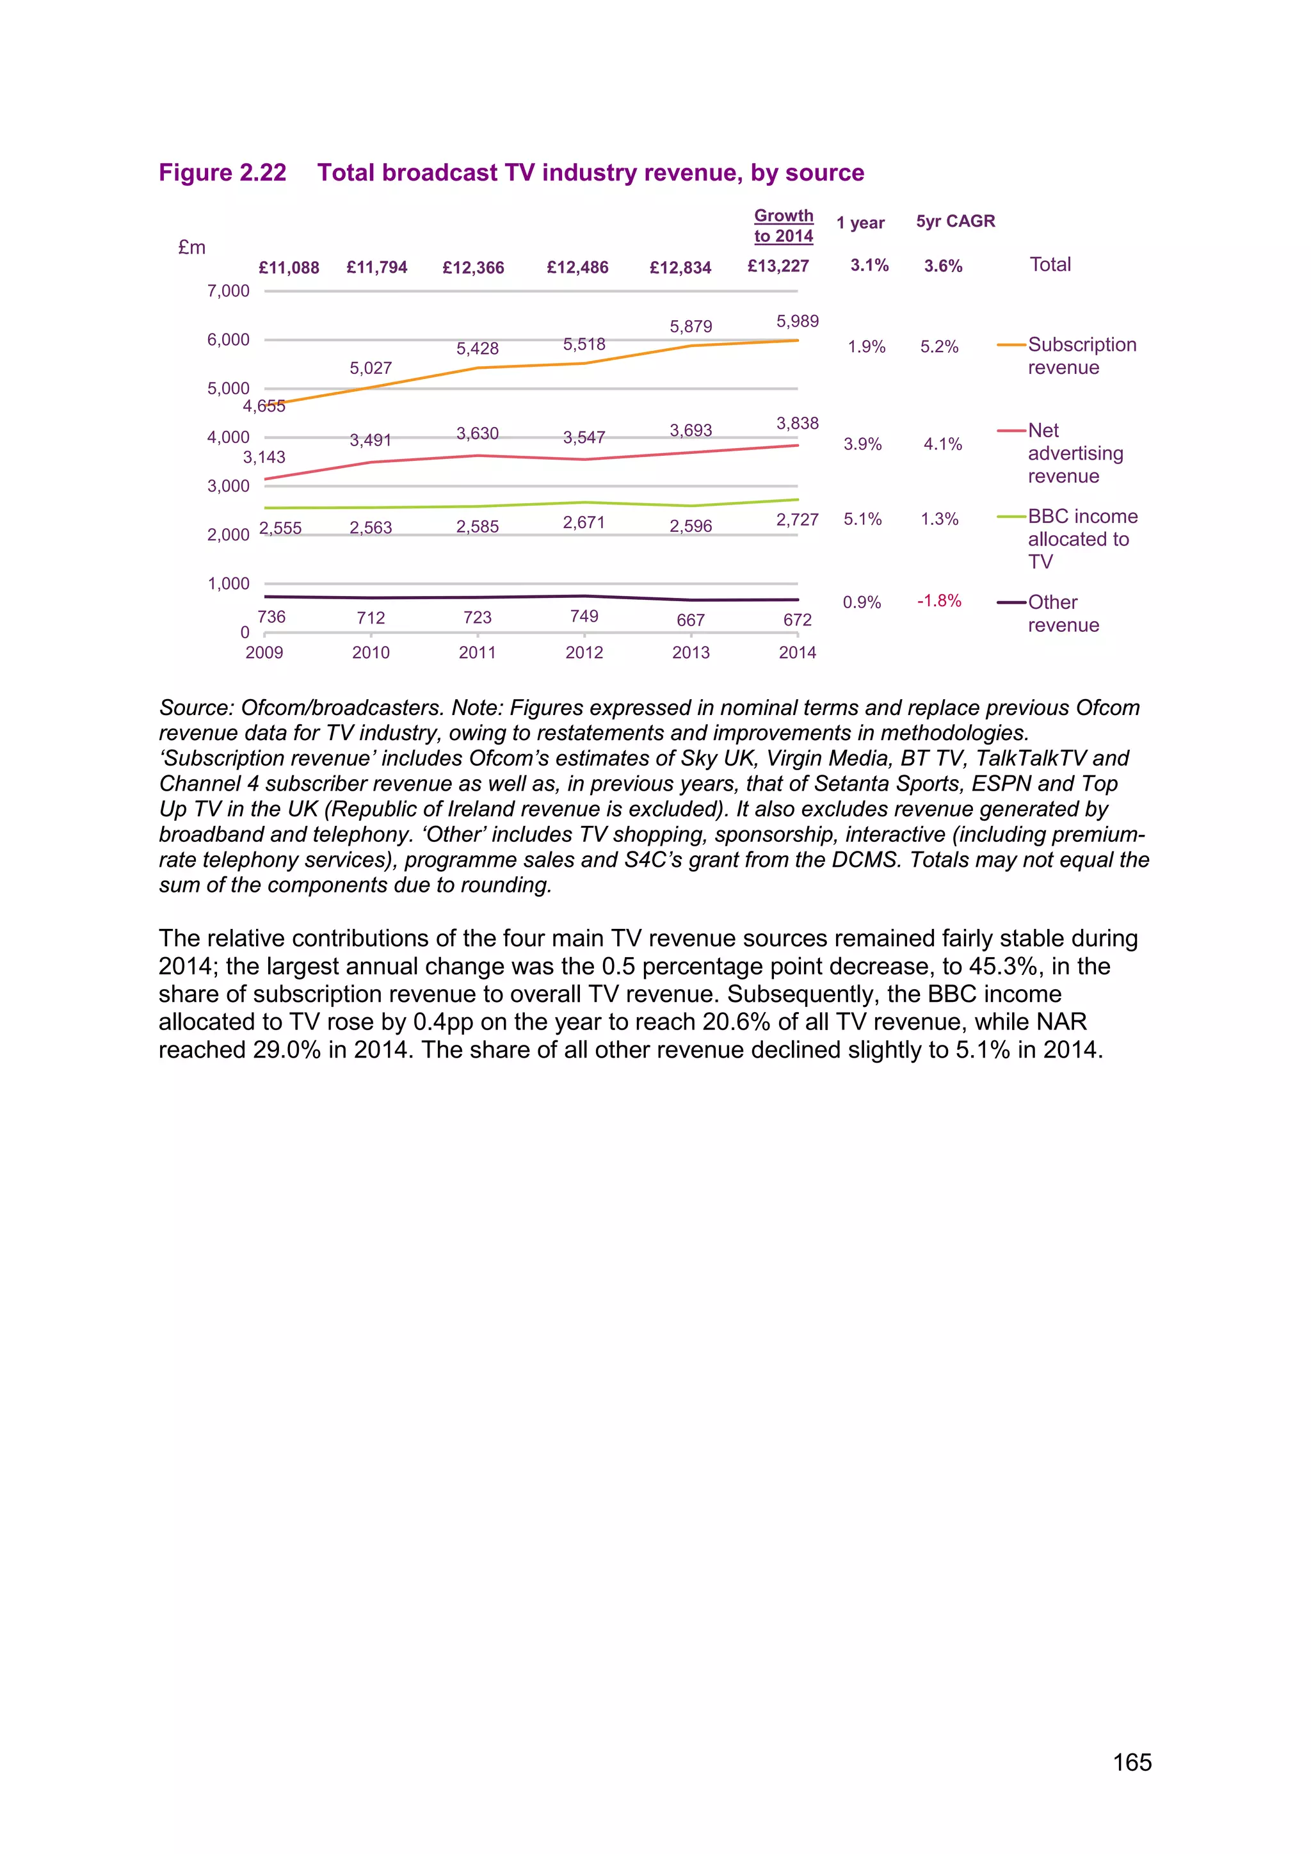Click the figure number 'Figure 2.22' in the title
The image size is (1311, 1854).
222,173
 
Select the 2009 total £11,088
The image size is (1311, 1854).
288,267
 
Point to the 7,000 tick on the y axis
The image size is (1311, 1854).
229,291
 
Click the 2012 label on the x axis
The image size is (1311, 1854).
584,652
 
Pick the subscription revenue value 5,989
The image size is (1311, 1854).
797,321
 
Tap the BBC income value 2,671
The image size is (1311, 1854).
584,522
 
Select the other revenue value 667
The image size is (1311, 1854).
690,620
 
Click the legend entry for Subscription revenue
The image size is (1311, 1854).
1081,356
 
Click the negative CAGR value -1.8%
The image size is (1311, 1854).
939,601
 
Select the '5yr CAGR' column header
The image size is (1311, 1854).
955,222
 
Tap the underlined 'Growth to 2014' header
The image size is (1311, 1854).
783,226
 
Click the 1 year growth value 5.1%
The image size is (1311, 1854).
862,519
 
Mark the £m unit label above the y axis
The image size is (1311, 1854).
192,248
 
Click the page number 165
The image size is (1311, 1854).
1132,1762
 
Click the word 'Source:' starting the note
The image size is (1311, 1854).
197,708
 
